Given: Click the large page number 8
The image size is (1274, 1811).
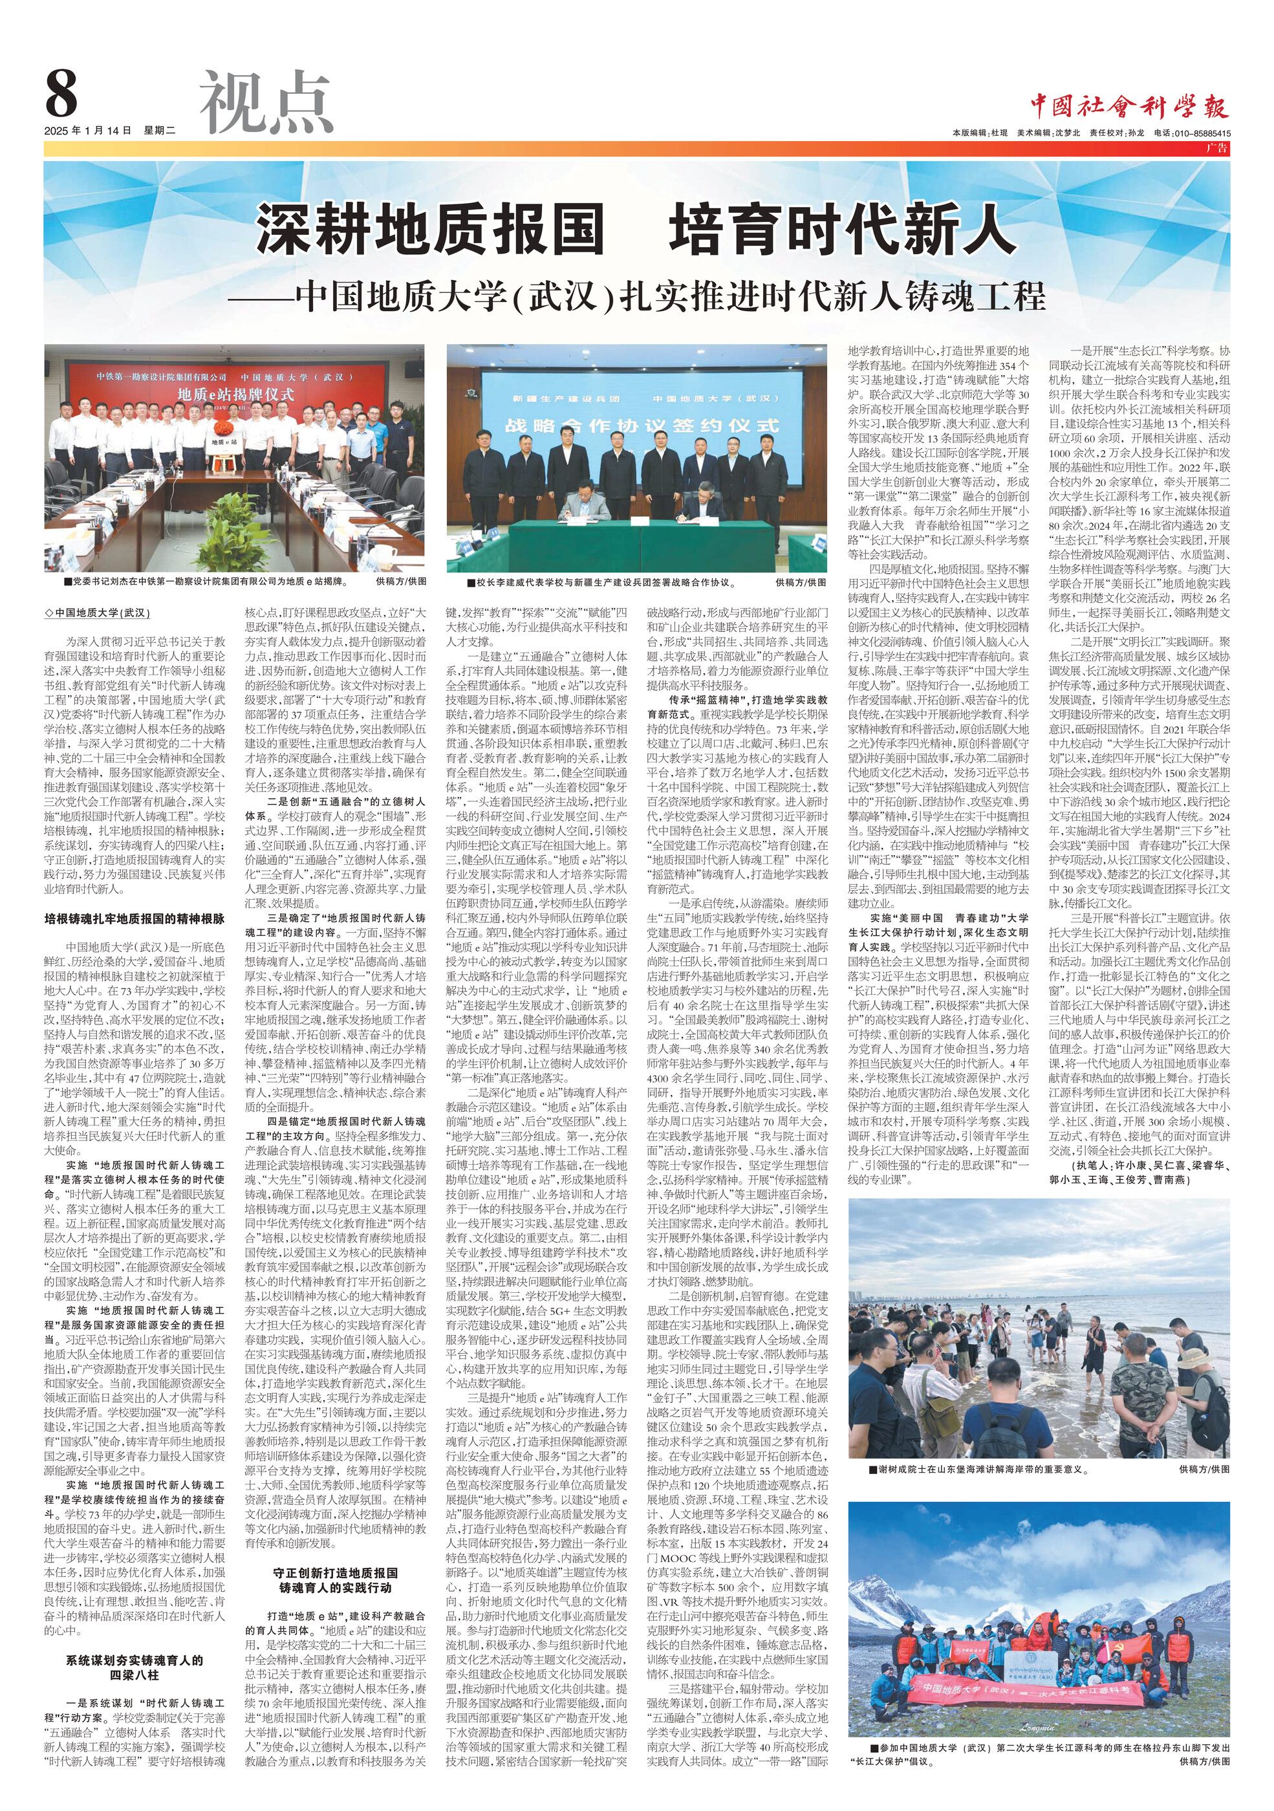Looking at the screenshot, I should click(x=61, y=94).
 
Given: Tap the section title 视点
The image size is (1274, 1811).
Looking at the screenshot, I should click(x=266, y=103).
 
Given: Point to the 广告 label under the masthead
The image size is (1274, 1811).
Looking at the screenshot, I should click(x=1218, y=148).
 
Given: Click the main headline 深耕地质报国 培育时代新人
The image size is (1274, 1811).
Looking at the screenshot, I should click(x=636, y=230).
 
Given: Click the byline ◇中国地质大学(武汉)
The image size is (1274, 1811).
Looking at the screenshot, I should click(x=98, y=613).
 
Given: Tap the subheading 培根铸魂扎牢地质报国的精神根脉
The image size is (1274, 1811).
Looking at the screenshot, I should click(x=134, y=919).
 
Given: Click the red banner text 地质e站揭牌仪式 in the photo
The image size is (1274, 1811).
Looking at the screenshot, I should click(x=235, y=394).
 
